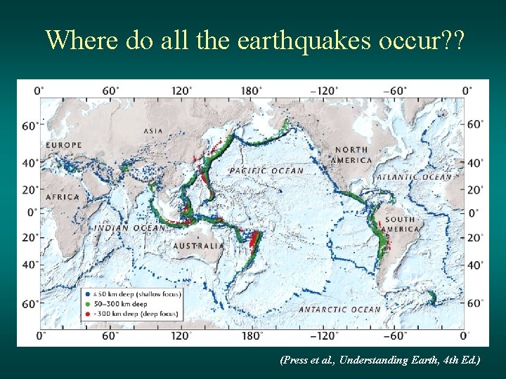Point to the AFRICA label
63,197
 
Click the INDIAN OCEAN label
121,227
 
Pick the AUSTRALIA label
199,246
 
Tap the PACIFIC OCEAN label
266,171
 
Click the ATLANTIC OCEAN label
414,177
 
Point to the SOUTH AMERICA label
401,224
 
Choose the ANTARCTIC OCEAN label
339,309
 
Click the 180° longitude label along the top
252,90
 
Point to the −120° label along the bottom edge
324,335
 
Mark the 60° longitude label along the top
110,90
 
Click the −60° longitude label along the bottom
396,335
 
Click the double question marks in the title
450,40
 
